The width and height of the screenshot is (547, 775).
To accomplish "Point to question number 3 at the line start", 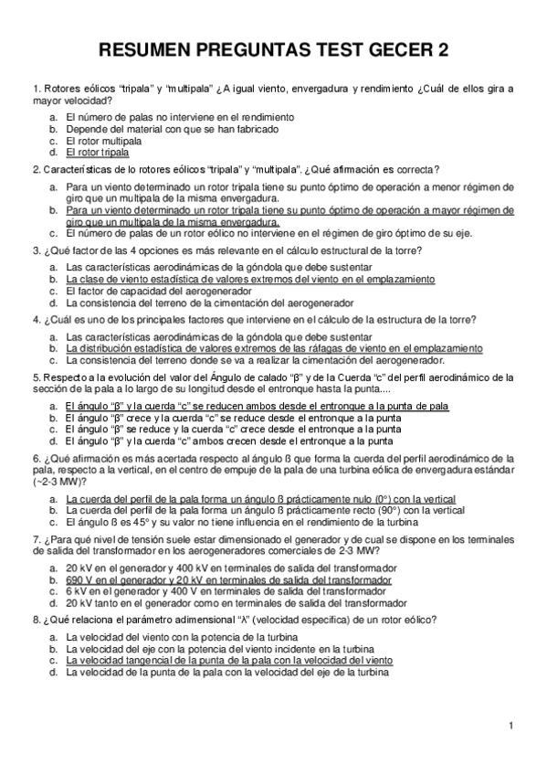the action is [x=35, y=249].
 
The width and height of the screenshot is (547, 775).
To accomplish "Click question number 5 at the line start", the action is [x=35, y=377].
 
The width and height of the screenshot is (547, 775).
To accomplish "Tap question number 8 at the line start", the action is [x=35, y=619].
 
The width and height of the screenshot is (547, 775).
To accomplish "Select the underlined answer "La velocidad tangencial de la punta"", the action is [x=228, y=659].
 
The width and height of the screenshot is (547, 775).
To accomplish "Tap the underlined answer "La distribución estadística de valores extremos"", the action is [x=274, y=348].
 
